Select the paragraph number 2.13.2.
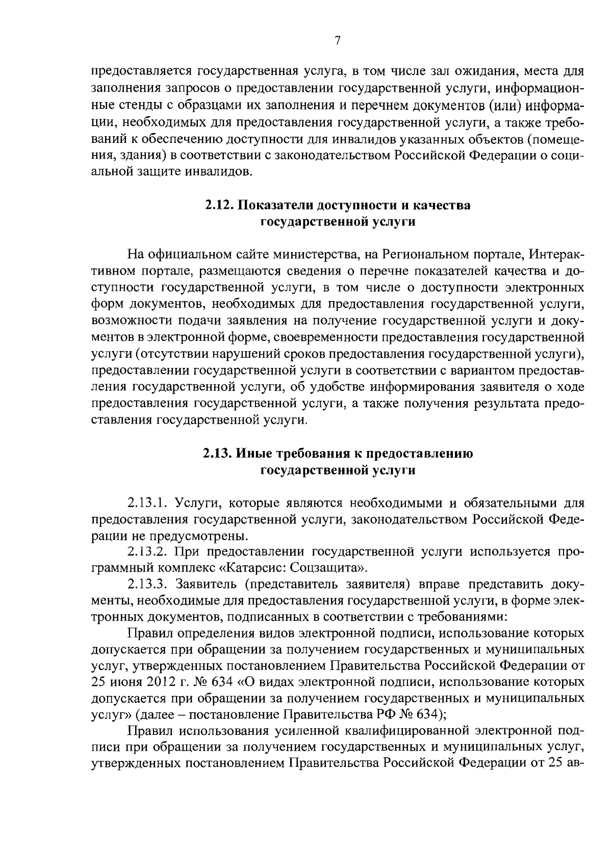pyautogui.click(x=148, y=552)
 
